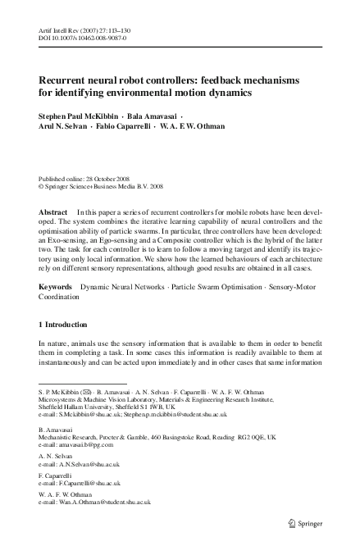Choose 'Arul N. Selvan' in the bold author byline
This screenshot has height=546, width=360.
click(x=68, y=127)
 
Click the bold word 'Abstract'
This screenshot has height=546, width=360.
click(x=53, y=211)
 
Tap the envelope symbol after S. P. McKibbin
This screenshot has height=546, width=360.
click(x=84, y=393)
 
